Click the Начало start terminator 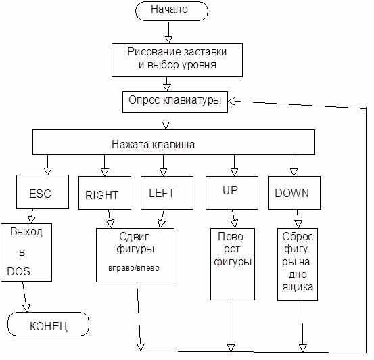[x=172, y=11]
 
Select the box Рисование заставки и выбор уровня [x=177, y=60]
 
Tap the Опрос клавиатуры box [x=175, y=102]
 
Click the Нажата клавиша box [x=174, y=142]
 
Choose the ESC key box [x=43, y=192]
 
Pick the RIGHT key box [x=105, y=193]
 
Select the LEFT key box [x=167, y=193]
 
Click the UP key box [x=232, y=193]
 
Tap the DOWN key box [x=294, y=193]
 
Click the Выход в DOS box [x=26, y=252]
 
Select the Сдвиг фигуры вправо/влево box [x=135, y=255]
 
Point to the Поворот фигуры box [x=233, y=265]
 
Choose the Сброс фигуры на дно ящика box [x=298, y=265]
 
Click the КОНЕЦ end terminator [x=49, y=324]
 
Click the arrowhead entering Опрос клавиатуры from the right [x=231, y=102]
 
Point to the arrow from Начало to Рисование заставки [x=168, y=32]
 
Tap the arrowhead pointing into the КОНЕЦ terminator [x=26, y=308]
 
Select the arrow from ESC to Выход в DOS [x=32, y=217]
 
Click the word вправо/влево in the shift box [x=134, y=268]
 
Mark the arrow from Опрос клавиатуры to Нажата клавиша [x=166, y=122]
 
